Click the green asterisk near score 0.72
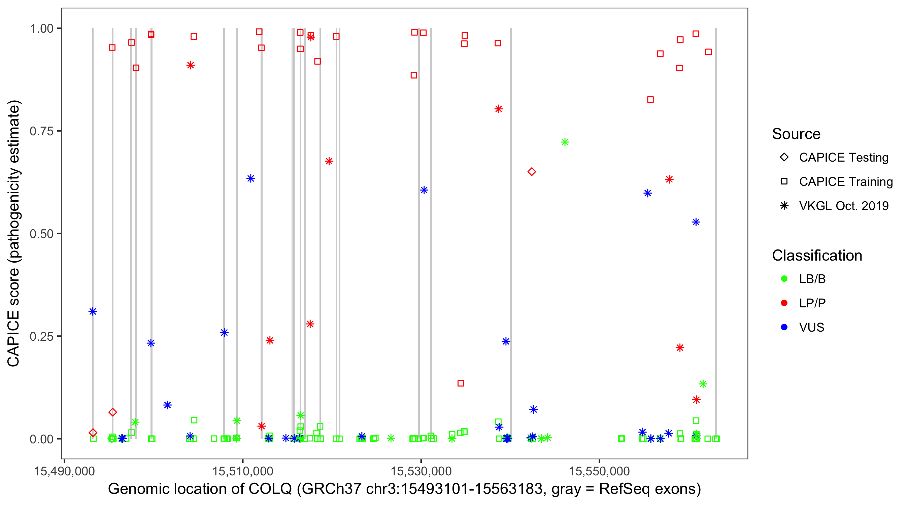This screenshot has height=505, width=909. pos(565,142)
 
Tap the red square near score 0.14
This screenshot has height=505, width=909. pos(461,383)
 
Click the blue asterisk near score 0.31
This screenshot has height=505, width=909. pos(93,311)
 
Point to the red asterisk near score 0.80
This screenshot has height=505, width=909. pos(498,109)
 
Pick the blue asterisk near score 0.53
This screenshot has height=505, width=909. pos(696,222)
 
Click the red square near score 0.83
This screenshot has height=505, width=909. pos(650,100)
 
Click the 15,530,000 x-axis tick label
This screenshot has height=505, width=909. pos(421,471)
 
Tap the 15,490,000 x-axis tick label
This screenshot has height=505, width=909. pos(64,471)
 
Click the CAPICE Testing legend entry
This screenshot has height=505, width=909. pos(844,158)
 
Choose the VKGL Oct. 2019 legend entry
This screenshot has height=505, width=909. pos(844,206)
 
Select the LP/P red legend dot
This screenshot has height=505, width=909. pos(784,303)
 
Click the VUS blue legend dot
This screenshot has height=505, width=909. pos(784,327)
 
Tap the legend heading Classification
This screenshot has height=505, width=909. pos(817,256)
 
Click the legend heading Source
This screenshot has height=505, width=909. pos(796,134)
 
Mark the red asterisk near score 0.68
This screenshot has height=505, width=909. pos(329,161)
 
